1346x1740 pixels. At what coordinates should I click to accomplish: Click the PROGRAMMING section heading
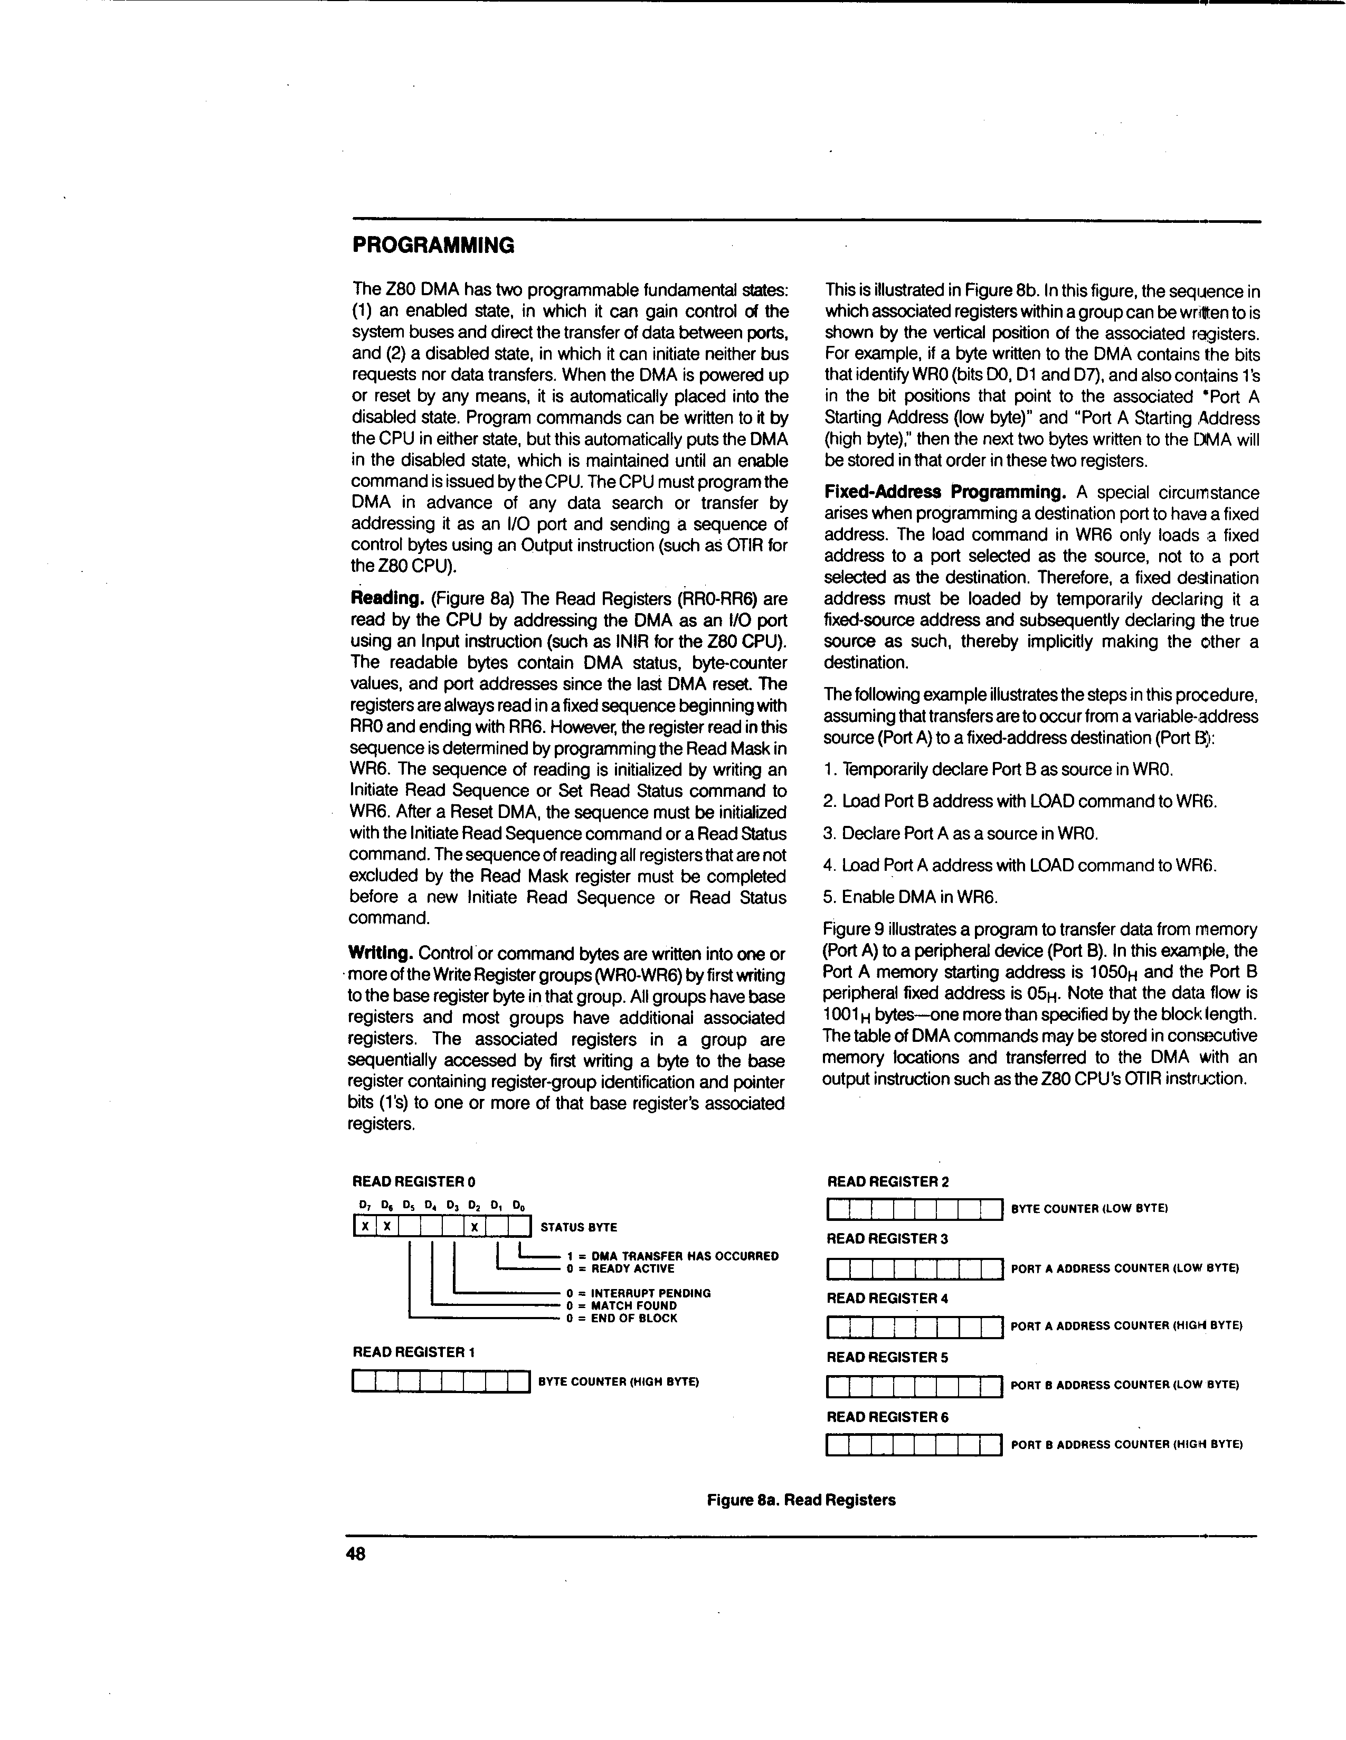(433, 244)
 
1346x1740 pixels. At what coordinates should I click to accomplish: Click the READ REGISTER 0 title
(414, 1181)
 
